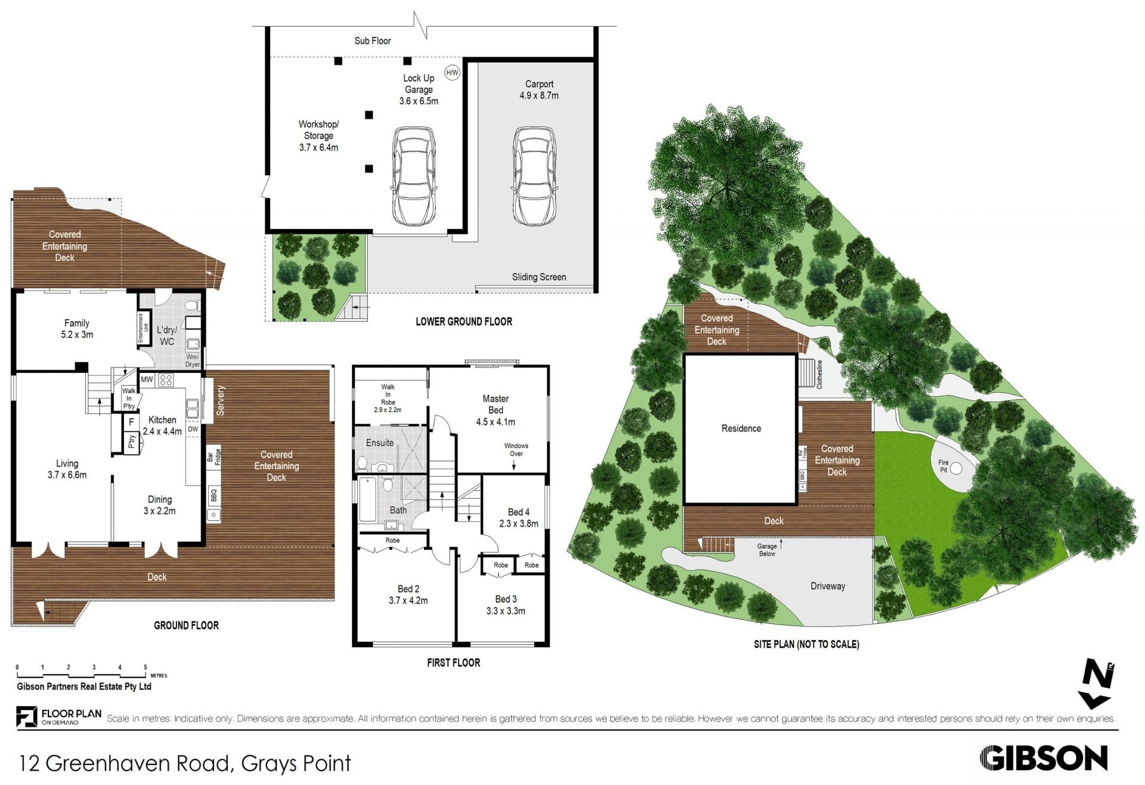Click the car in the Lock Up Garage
414,175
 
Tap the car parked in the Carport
535,175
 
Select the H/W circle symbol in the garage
452,73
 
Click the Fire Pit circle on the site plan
955,468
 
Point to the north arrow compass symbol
1097,684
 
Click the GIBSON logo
1044,758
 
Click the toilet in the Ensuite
362,463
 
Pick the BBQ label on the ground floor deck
213,495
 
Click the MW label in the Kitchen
147,379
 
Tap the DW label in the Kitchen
193,429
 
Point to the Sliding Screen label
539,277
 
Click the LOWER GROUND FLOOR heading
464,322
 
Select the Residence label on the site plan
741,428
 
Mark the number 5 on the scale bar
146,667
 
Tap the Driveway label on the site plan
828,586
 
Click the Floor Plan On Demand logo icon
26,716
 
